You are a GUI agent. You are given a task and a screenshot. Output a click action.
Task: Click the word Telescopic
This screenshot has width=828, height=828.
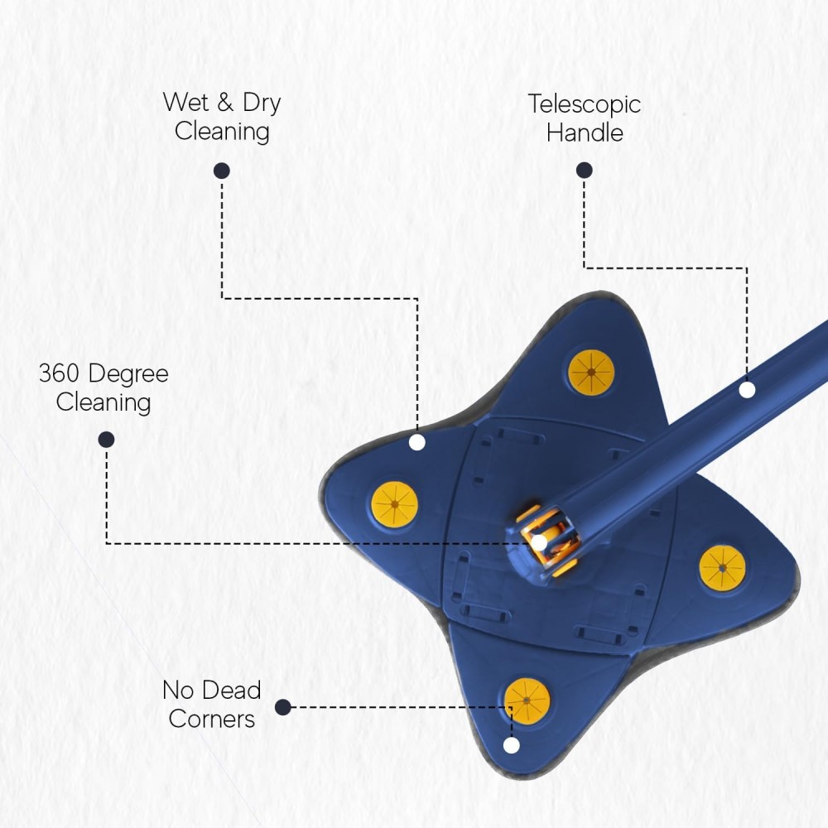pos(584,104)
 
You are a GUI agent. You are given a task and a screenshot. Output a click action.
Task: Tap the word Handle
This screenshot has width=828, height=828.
pos(585,132)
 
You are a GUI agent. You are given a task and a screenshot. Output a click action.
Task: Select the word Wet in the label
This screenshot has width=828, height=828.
pos(185,102)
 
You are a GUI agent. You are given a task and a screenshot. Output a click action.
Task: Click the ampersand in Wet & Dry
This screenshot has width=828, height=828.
pos(225,102)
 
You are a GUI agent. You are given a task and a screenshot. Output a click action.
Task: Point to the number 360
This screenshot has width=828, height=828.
pos(59,373)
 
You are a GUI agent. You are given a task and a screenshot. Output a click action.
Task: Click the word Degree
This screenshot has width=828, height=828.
pos(128,374)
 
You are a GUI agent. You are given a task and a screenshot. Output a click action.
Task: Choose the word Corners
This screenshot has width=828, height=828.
pos(212,719)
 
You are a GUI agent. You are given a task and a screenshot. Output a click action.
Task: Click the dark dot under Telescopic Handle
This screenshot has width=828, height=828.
pos(584,170)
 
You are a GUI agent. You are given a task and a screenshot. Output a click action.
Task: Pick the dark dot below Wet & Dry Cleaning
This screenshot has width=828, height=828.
pos(222,171)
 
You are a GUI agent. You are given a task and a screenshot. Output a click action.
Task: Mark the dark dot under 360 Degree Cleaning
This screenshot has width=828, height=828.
pos(106,440)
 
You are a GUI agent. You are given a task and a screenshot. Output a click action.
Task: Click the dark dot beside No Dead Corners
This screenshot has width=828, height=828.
pos(283,707)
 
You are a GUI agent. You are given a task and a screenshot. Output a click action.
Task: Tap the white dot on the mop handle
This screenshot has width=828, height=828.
pos(747,390)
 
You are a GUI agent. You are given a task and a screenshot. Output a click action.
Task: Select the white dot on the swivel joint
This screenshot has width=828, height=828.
pos(539,542)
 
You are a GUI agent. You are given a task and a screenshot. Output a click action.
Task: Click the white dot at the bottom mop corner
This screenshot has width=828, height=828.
pos(511,745)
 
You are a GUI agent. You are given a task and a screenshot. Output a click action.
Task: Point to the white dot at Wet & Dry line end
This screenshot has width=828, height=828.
pos(417,442)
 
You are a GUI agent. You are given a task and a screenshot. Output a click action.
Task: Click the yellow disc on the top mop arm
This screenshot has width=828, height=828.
pos(591,373)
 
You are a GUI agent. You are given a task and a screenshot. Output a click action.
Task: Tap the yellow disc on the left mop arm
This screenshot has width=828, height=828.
pos(394,504)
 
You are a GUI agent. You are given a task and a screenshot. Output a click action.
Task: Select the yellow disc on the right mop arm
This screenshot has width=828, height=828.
pos(722,568)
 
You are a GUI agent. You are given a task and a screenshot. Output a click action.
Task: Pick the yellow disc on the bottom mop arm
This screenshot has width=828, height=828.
pos(527,701)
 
